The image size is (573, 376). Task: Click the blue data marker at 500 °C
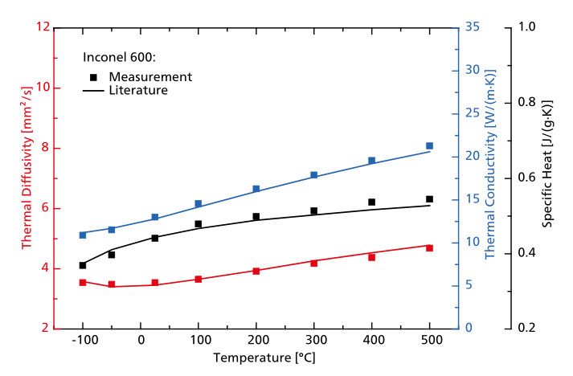coord(429,146)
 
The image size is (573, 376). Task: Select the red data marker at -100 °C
coord(83,283)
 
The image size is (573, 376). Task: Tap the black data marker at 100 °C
coord(198,224)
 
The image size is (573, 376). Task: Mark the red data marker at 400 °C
coord(371,257)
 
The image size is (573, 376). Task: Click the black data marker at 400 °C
coord(371,202)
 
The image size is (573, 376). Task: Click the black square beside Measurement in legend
coord(93,77)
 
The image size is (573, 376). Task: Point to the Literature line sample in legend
coord(93,91)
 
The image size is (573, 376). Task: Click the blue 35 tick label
coord(473,27)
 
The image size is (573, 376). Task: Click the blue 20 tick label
coord(473,156)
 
